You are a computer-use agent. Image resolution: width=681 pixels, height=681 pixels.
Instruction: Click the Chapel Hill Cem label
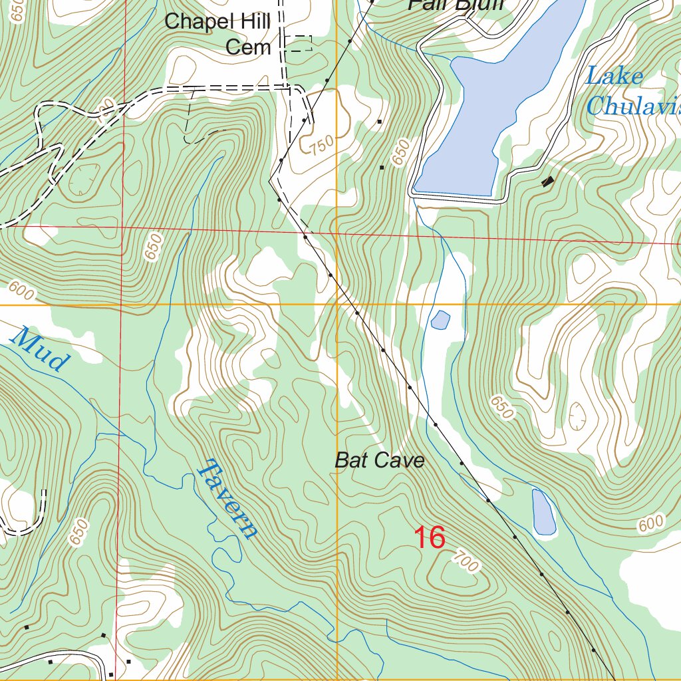(x=217, y=34)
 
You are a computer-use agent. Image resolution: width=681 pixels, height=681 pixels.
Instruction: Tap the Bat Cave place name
(x=379, y=460)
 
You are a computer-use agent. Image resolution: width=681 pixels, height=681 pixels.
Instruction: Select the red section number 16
(x=430, y=537)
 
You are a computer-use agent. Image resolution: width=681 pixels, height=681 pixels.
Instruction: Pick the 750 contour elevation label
(x=321, y=144)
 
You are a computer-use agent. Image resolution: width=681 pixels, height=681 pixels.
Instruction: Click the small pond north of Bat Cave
(x=440, y=320)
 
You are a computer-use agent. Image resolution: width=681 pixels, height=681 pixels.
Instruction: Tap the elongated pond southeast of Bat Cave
(x=543, y=513)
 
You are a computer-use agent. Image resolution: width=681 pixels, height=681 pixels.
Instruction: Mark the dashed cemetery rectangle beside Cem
(x=298, y=44)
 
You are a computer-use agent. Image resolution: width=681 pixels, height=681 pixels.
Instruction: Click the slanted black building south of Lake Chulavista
(x=548, y=180)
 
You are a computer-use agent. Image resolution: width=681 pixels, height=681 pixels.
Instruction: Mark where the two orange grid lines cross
(x=337, y=305)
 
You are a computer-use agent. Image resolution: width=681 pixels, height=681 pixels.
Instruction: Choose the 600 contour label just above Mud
(x=21, y=291)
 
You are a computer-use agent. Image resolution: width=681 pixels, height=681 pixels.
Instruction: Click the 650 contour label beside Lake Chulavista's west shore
(x=401, y=154)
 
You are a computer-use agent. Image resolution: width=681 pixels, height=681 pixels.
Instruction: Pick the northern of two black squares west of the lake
(x=379, y=122)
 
